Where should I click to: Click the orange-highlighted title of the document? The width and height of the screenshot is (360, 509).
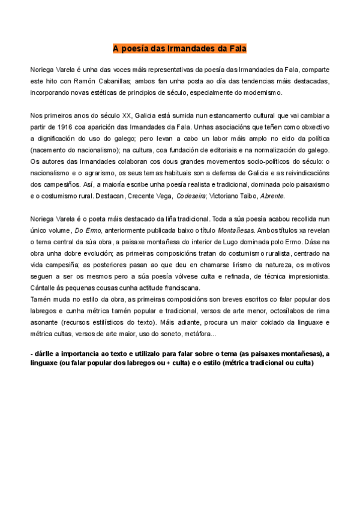point(180,47)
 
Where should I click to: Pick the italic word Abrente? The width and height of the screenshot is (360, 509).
point(272,196)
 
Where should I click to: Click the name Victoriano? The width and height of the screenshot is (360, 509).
point(229,196)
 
